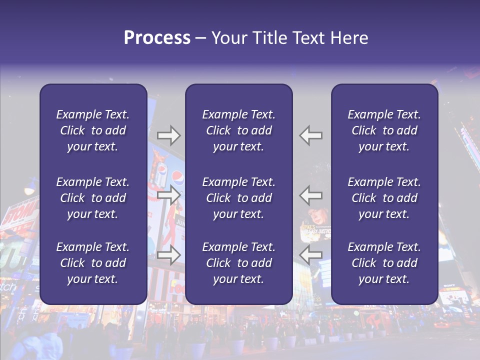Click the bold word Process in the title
point(157,38)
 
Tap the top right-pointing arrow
point(168,135)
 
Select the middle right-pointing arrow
point(168,195)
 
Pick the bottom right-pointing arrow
point(168,254)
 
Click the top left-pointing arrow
point(311,135)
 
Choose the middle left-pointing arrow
point(311,195)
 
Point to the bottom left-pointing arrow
point(311,254)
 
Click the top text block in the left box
point(92,130)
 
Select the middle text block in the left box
point(92,198)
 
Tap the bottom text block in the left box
point(92,263)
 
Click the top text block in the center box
point(238,130)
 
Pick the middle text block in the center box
point(238,198)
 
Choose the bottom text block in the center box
point(238,263)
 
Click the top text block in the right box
point(384,130)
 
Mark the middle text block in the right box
point(384,198)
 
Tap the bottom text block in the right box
point(384,263)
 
